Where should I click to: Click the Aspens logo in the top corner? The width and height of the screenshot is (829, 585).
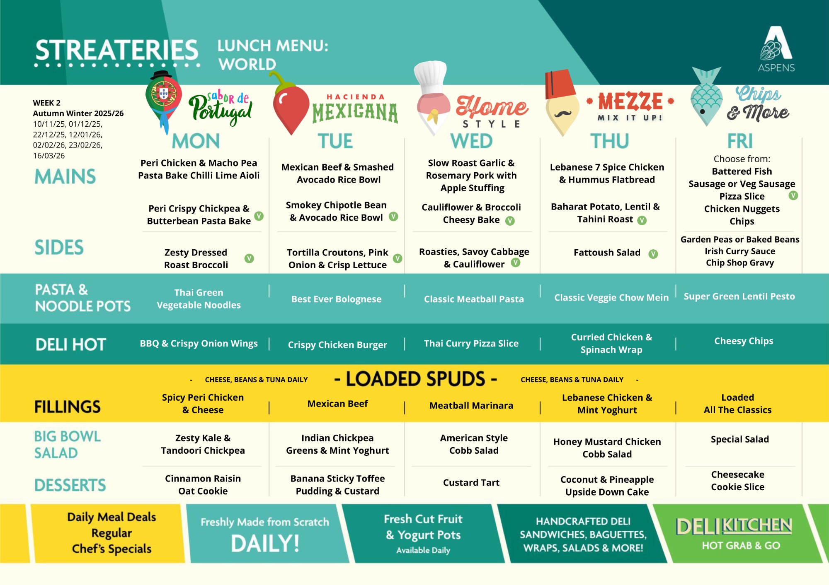(x=776, y=49)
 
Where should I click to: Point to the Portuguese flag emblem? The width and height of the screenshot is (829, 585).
(x=163, y=94)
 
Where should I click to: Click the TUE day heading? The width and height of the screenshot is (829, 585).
(x=335, y=141)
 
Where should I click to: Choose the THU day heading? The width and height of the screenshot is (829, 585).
(x=609, y=141)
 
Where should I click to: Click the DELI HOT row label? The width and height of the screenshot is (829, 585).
(x=71, y=344)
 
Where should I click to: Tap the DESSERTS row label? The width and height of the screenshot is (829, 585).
(x=70, y=485)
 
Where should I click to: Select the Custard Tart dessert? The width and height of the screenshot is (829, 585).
(x=471, y=482)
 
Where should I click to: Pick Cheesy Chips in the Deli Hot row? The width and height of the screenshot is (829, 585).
(x=744, y=341)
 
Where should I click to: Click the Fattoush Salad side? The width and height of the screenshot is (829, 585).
(x=607, y=253)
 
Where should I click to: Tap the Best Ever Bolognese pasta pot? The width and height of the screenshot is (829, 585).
(x=336, y=299)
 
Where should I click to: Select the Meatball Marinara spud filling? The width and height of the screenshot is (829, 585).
(x=471, y=406)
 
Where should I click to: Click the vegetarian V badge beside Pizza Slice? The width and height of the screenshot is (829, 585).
(x=793, y=195)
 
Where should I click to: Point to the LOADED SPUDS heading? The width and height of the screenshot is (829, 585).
(x=415, y=379)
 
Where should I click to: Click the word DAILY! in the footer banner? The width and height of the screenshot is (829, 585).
(x=265, y=544)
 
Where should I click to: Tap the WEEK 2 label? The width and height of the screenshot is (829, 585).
(x=47, y=103)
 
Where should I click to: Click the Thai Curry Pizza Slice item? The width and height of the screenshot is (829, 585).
(x=471, y=344)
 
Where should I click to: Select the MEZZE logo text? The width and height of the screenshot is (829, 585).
(x=630, y=101)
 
